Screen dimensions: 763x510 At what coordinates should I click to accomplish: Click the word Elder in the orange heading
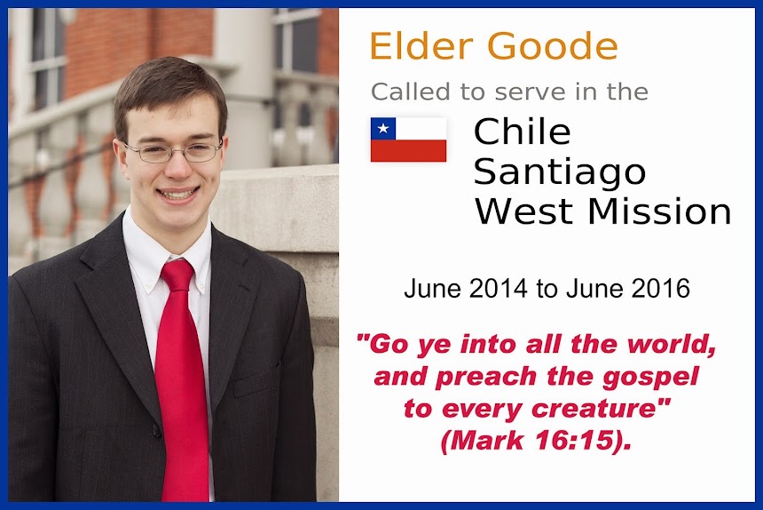click(421, 46)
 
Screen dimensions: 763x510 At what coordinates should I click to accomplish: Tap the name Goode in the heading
click(553, 46)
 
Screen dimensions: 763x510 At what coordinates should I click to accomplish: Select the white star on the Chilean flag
click(383, 129)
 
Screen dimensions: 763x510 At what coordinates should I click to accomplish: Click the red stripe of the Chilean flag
click(408, 150)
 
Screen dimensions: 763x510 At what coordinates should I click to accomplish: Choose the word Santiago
click(560, 173)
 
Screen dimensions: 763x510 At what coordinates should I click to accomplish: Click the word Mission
click(659, 211)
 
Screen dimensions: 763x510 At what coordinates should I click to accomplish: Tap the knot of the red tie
click(177, 275)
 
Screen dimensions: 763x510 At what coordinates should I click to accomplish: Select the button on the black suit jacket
click(156, 431)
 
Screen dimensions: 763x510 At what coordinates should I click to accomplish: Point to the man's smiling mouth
click(177, 194)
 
